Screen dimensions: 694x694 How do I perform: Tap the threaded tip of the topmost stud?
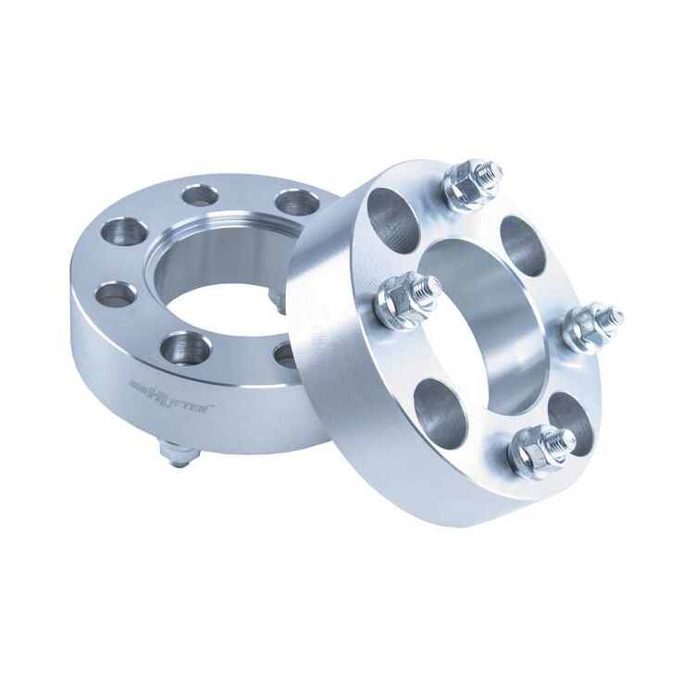click(x=491, y=170)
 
